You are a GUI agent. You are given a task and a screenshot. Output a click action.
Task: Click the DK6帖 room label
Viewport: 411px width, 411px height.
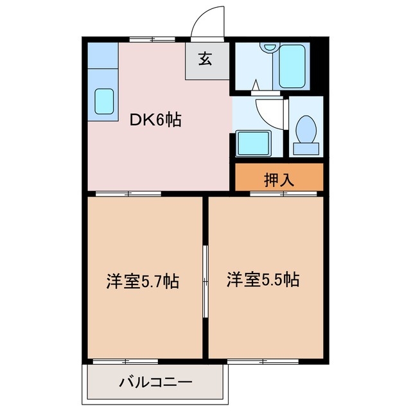coord(156,119)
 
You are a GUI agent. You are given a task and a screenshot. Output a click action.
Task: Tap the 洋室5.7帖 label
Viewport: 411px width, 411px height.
coord(142,281)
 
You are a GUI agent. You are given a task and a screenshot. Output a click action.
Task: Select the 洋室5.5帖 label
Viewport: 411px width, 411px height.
coord(263,279)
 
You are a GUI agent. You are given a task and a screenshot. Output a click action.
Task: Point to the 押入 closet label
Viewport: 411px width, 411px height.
coord(279,180)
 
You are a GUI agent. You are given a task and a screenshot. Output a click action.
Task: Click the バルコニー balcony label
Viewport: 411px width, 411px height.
coord(155,383)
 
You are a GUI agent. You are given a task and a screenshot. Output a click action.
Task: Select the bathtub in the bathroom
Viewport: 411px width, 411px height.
coord(293,66)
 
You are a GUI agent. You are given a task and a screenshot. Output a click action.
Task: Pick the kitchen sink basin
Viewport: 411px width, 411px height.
coord(103,101)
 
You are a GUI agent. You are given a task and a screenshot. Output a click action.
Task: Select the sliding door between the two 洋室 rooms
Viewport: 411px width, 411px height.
coord(205,281)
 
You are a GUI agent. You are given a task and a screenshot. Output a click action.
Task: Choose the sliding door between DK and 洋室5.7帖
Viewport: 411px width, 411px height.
coord(128,193)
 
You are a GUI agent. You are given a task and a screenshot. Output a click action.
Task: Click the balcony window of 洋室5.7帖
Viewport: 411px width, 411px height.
coord(125,362)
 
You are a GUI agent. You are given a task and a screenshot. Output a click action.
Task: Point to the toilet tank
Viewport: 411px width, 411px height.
coord(306,148)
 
